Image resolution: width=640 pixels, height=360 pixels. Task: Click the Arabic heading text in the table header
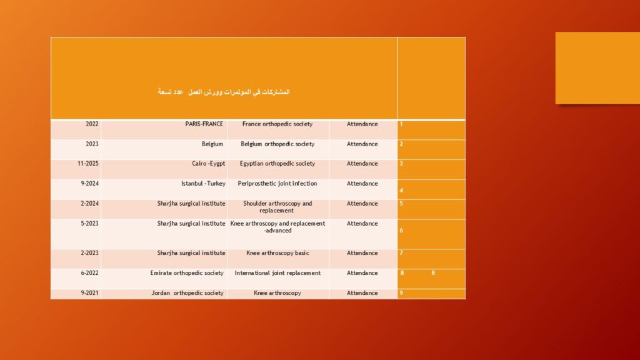[224, 92]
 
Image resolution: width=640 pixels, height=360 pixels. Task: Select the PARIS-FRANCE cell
[204, 124]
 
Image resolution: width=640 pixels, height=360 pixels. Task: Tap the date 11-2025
[88, 164]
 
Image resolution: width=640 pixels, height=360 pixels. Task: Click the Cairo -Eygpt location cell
[209, 164]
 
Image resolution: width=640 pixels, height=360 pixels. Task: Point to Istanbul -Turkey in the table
[203, 184]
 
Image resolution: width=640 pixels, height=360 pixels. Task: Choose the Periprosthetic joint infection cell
[277, 184]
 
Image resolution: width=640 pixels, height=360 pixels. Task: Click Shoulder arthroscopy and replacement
[277, 207]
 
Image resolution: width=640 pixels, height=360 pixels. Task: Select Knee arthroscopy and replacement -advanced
[277, 227]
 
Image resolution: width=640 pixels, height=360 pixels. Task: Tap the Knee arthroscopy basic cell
[277, 253]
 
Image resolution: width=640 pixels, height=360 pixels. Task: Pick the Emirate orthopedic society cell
[187, 273]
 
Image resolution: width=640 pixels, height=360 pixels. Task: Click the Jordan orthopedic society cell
[187, 293]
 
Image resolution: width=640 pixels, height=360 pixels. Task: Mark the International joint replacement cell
[277, 273]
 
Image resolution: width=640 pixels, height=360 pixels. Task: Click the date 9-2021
[90, 293]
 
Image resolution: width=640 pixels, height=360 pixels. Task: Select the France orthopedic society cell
[277, 124]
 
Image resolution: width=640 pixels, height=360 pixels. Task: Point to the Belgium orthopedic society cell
[277, 144]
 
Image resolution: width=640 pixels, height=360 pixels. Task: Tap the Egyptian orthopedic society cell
[277, 164]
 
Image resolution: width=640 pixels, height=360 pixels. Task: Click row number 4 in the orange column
[401, 191]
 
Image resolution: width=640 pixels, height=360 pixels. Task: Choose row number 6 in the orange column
[401, 231]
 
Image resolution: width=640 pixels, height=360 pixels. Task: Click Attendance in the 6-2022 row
[362, 273]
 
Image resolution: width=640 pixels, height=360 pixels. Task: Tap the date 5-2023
[90, 224]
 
